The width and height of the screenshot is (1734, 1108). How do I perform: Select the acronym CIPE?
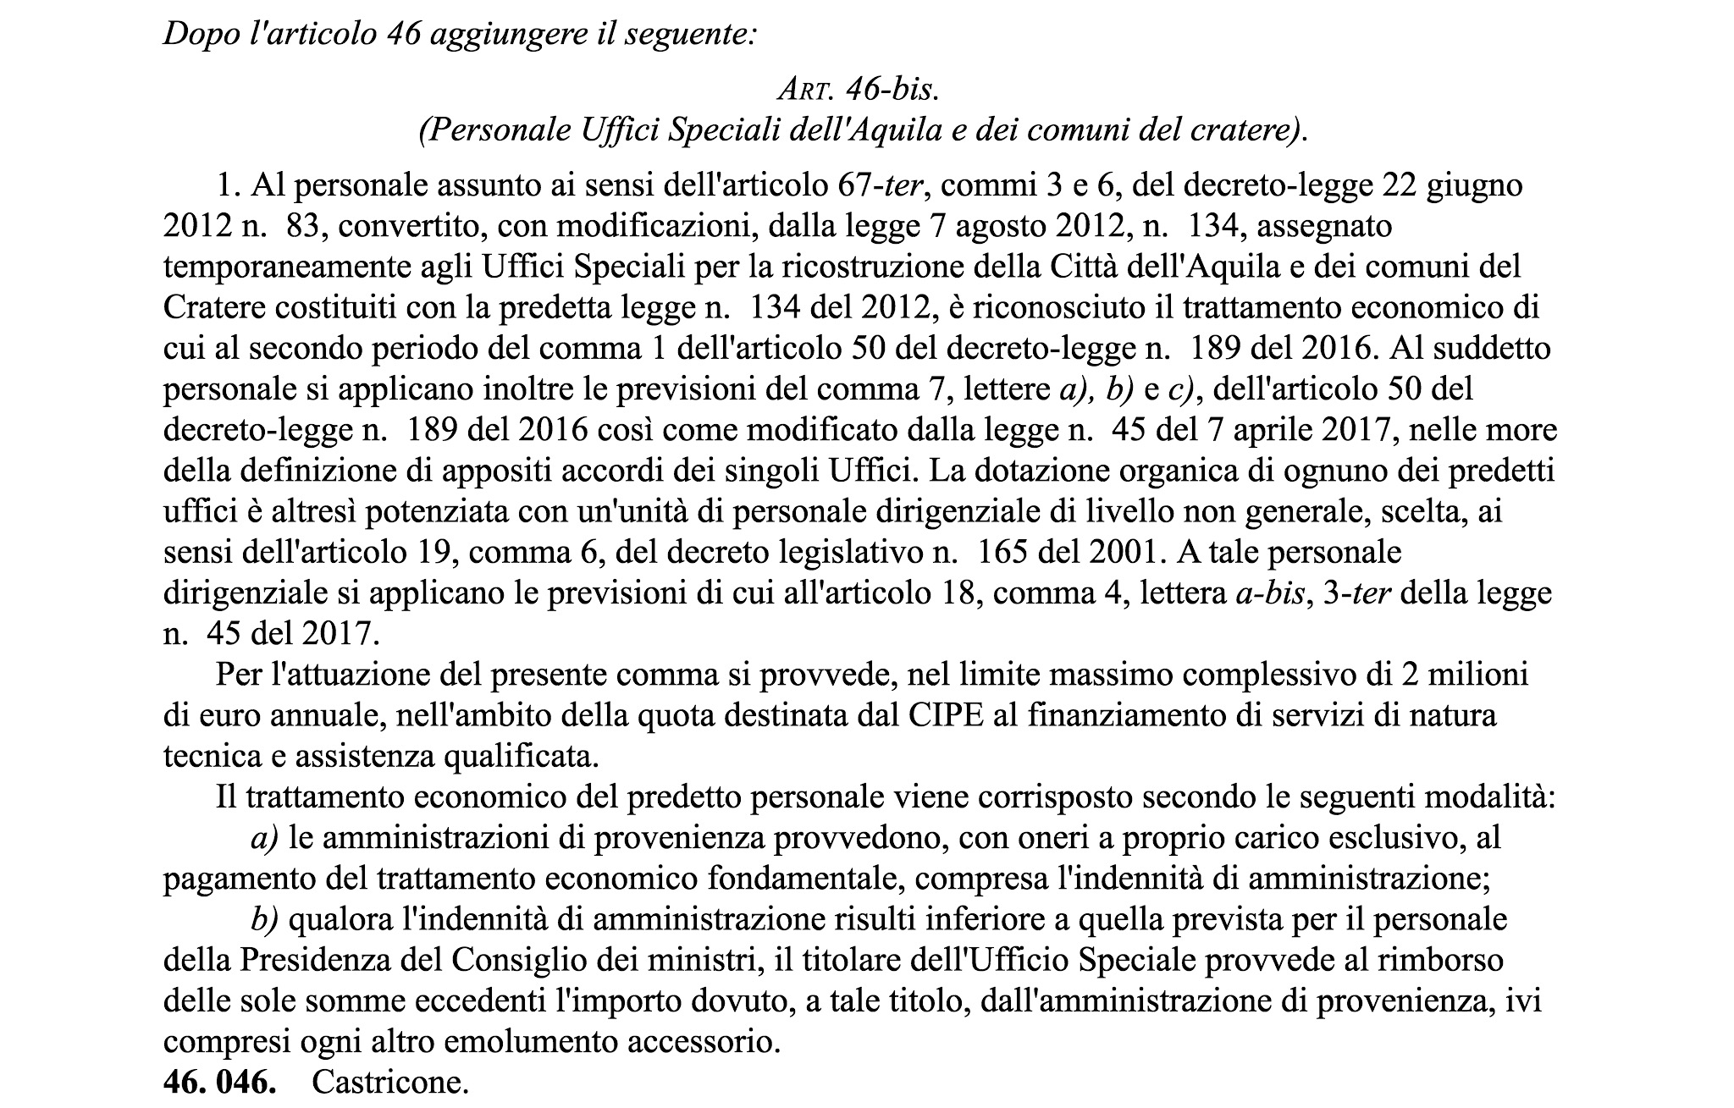point(970,715)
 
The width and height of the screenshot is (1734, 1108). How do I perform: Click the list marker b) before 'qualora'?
point(264,919)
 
